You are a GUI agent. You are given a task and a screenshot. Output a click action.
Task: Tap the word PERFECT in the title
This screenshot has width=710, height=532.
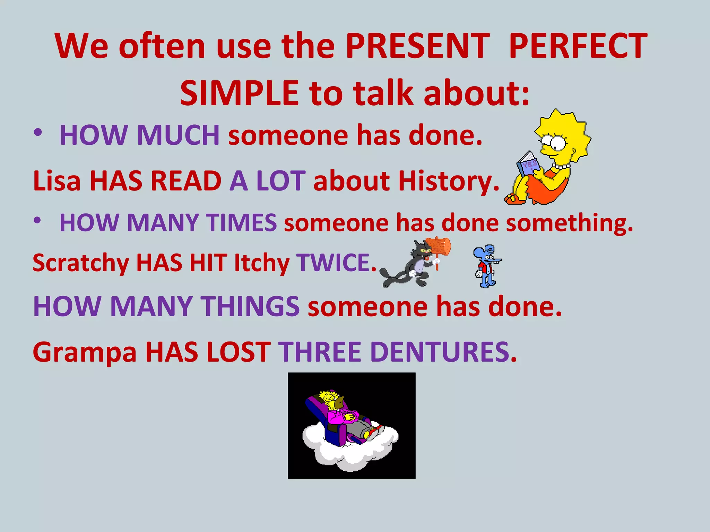click(578, 46)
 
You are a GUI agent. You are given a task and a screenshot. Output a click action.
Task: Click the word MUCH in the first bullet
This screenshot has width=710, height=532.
click(178, 135)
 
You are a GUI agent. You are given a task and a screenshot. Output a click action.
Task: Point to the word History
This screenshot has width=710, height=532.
click(448, 181)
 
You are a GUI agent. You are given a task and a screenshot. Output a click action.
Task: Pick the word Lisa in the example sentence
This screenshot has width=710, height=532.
click(57, 181)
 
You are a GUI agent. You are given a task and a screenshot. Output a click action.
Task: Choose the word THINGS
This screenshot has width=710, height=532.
click(251, 307)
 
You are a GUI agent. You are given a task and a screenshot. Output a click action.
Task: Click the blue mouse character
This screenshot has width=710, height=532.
click(486, 266)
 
